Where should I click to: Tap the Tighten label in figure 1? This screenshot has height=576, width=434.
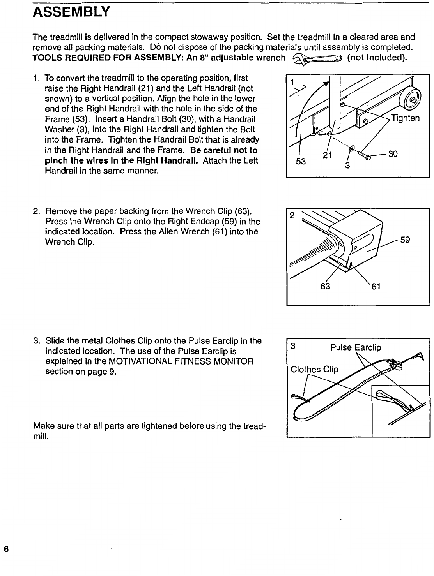[x=406, y=118]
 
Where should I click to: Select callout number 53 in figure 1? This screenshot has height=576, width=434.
[x=301, y=160]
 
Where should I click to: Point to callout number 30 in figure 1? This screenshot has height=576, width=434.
[x=393, y=154]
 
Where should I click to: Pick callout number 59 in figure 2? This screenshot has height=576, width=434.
[x=405, y=240]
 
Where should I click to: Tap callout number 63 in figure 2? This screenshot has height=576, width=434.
[x=325, y=286]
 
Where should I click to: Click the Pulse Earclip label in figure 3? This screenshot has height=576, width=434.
[x=356, y=347]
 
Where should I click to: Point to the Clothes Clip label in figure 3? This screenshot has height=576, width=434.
[x=315, y=369]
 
